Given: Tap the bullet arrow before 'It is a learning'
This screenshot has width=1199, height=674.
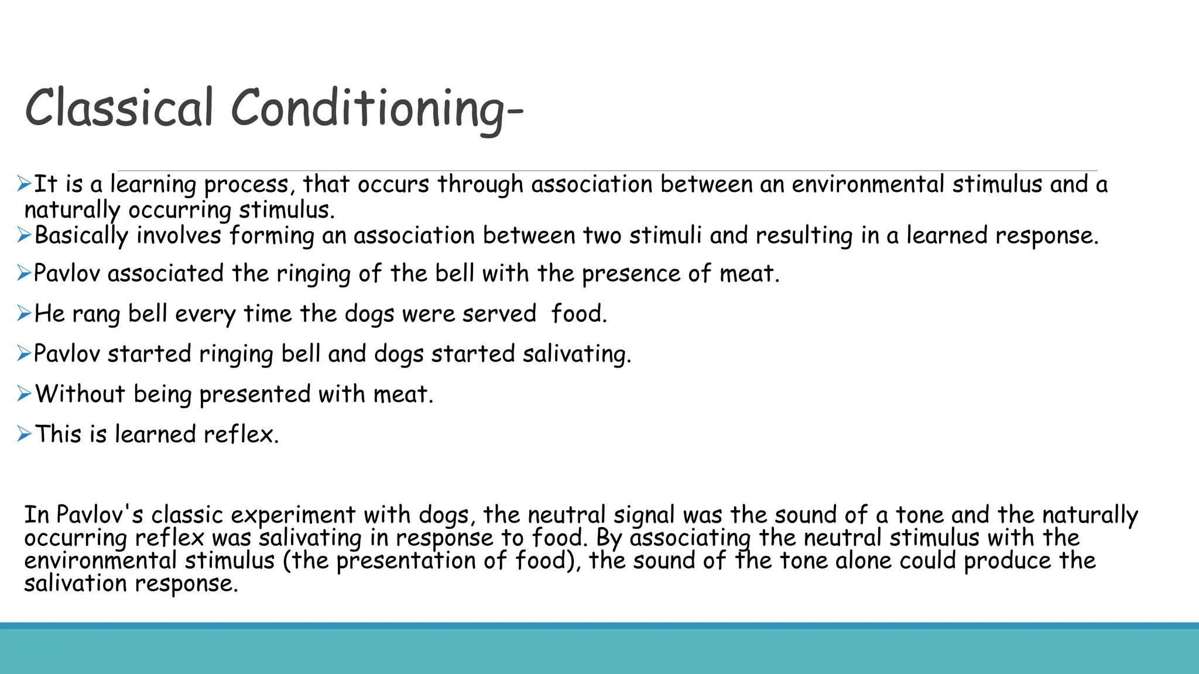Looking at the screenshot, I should click(24, 184).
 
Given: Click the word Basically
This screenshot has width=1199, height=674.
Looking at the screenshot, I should click(81, 236).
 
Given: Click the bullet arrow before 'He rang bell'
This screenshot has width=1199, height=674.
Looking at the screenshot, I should click(24, 314).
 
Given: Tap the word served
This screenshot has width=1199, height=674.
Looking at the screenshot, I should click(499, 314).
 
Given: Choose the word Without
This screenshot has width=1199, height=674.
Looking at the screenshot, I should click(80, 394).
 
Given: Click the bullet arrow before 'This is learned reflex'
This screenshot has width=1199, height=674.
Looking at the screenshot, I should click(24, 434).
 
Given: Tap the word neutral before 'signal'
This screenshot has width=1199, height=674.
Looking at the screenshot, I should click(566, 515).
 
